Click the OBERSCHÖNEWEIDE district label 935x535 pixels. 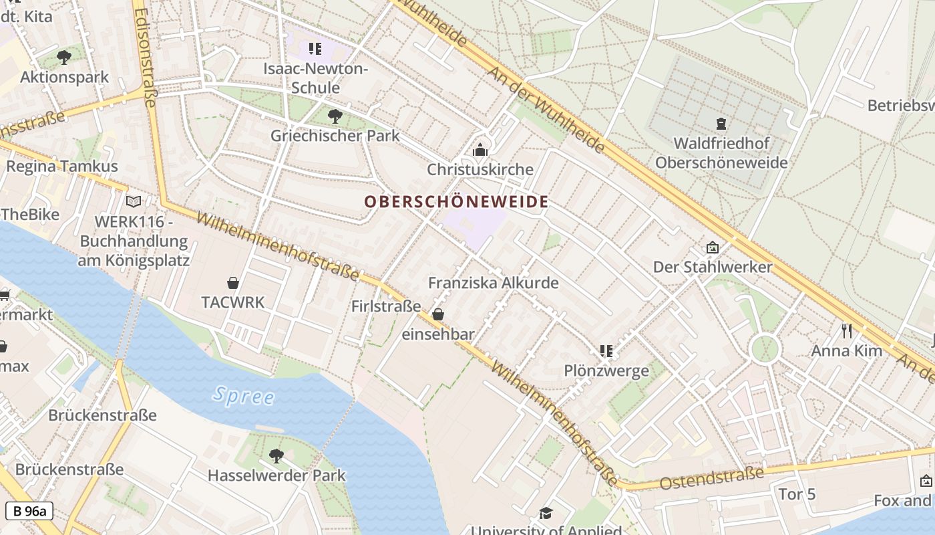pos(456,201)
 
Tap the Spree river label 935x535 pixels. pos(244,395)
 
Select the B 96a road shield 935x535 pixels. pos(29,512)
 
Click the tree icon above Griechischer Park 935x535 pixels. pos(335,116)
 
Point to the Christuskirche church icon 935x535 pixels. pos(480,150)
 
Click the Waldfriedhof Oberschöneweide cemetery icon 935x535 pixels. pos(721,123)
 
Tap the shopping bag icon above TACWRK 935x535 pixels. pos(233,283)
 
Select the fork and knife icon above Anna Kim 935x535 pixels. pos(846,330)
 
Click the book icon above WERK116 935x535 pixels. pos(134,201)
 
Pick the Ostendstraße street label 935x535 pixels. pos(711,478)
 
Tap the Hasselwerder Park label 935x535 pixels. pos(276,475)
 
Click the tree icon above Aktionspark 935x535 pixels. pos(64,58)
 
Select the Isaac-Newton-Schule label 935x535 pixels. pos(315,78)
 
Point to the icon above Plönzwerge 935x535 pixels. pos(606,350)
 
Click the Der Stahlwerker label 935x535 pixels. pos(712,267)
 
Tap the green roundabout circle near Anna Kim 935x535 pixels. pos(765,348)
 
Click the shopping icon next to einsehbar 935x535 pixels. pos(438,314)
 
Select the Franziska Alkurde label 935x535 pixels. pos(493,283)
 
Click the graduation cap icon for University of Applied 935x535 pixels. pos(546,513)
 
